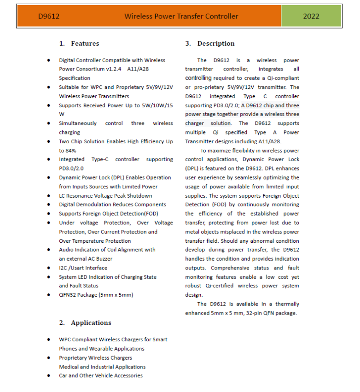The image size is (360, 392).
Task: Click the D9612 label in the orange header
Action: pyautogui.click(x=48, y=16)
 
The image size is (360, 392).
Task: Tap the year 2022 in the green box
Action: pyautogui.click(x=311, y=16)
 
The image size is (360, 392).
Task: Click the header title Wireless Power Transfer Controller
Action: pyautogui.click(x=181, y=16)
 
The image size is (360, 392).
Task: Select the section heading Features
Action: pyautogui.click(x=85, y=43)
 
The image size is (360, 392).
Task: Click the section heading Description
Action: pyautogui.click(x=216, y=43)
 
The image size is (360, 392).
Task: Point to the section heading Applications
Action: pyautogui.click(x=91, y=322)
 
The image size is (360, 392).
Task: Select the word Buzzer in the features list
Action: pyautogui.click(x=104, y=259)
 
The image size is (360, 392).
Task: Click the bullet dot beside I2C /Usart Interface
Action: pyautogui.click(x=49, y=268)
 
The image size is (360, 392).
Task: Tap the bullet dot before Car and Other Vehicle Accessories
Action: pyautogui.click(x=49, y=376)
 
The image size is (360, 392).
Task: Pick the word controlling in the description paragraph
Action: pyautogui.click(x=198, y=78)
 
